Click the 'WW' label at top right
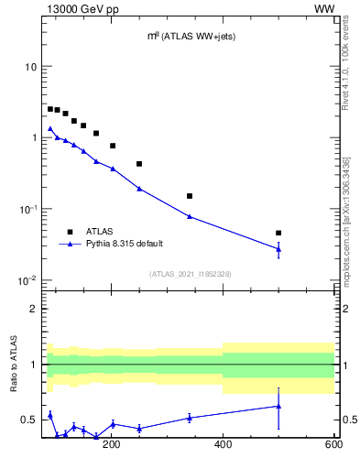pos(324,8)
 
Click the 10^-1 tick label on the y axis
pos(27,209)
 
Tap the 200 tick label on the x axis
pos(112,445)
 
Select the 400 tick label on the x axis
pos(223,445)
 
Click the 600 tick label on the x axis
pos(333,445)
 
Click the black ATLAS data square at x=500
pos(278,233)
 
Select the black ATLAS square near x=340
pos(190,196)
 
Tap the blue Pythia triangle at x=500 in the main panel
pos(278,248)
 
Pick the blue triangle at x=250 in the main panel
pos(139,188)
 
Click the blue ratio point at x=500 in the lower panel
pos(278,406)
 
